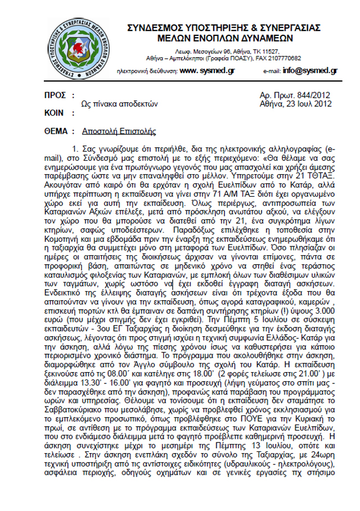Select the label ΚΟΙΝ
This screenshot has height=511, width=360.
point(55,112)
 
